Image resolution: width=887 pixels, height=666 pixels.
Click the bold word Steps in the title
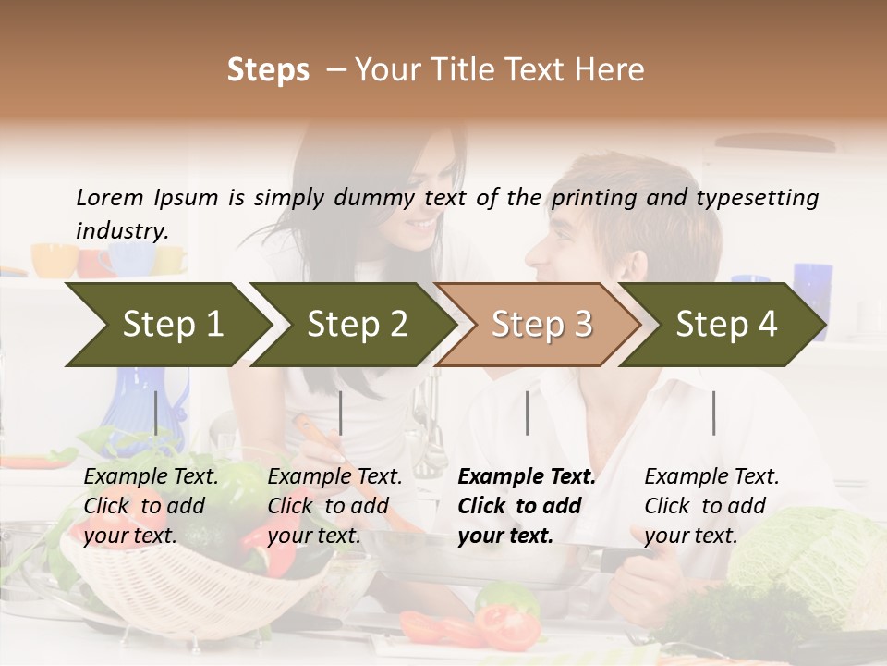pos(268,70)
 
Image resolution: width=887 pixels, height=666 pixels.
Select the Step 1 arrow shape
pos(166,325)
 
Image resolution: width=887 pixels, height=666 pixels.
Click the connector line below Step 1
pos(156,413)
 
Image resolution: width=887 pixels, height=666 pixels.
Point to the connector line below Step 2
pos(341,413)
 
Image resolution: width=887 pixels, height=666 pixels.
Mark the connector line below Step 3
pos(527,413)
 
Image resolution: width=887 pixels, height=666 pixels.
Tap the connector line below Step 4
pos(713,413)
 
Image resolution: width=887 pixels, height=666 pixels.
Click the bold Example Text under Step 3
pos(527,477)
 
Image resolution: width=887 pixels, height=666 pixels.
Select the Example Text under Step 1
pos(151,477)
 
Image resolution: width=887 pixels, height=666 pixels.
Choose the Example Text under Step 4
pos(711,477)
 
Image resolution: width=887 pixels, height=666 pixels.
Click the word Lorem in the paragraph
pos(110,198)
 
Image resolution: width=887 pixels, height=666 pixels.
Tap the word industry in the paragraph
pos(122,231)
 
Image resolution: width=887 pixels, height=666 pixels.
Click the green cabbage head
pos(813,564)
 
